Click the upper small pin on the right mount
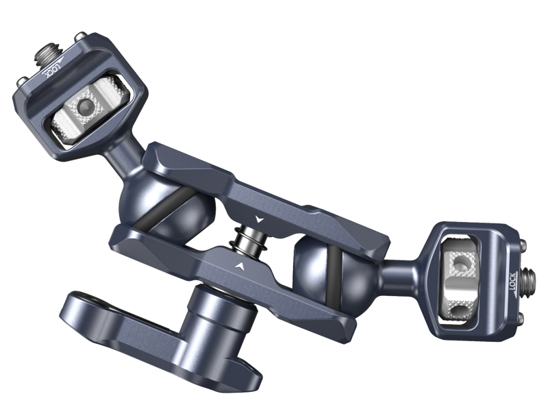(523, 244)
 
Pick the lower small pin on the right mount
(521, 319)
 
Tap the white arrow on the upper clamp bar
(259, 219)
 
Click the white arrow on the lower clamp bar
(239, 266)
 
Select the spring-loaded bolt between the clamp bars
(247, 239)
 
